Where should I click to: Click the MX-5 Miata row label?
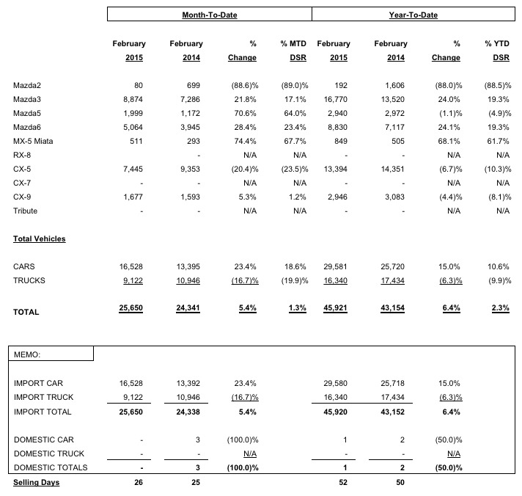(x=34, y=142)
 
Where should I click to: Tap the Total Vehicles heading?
(x=39, y=238)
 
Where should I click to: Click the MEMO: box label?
(x=29, y=353)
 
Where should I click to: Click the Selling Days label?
(x=36, y=482)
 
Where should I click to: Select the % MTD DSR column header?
(x=293, y=51)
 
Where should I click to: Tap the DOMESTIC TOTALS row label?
(x=51, y=467)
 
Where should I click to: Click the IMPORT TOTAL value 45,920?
(x=333, y=412)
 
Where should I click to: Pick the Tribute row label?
(x=26, y=211)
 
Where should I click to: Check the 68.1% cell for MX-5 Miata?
(x=449, y=142)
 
